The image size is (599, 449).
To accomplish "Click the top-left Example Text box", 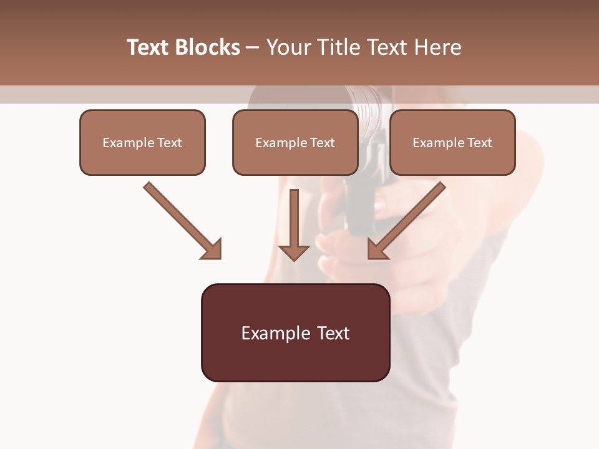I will (x=142, y=142).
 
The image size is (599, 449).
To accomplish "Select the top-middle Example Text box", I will (x=295, y=142).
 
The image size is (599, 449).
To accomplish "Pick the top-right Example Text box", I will (x=452, y=142).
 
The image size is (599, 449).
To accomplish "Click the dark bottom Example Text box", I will (x=295, y=332).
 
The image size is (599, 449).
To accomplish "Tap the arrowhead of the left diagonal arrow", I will (x=213, y=250).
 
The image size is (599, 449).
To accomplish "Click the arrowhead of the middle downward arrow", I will (x=294, y=252).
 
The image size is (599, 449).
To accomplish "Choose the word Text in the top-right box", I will (x=479, y=143).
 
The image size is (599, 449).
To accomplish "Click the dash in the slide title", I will (x=253, y=48).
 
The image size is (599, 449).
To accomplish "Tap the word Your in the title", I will (x=288, y=47).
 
